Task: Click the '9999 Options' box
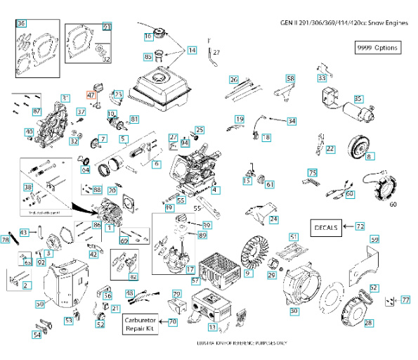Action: click(x=377, y=48)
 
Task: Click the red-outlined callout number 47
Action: click(x=90, y=95)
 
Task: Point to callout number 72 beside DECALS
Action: click(x=360, y=226)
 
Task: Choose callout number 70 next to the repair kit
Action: click(x=173, y=322)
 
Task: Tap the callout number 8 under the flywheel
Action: click(x=369, y=156)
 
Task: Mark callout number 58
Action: click(x=290, y=78)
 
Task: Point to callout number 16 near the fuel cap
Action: click(x=148, y=37)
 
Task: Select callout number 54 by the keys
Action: click(x=37, y=335)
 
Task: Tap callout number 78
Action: click(x=6, y=240)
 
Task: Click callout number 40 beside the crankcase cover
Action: click(x=29, y=131)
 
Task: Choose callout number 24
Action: click(x=273, y=219)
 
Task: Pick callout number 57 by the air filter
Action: click(x=195, y=281)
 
